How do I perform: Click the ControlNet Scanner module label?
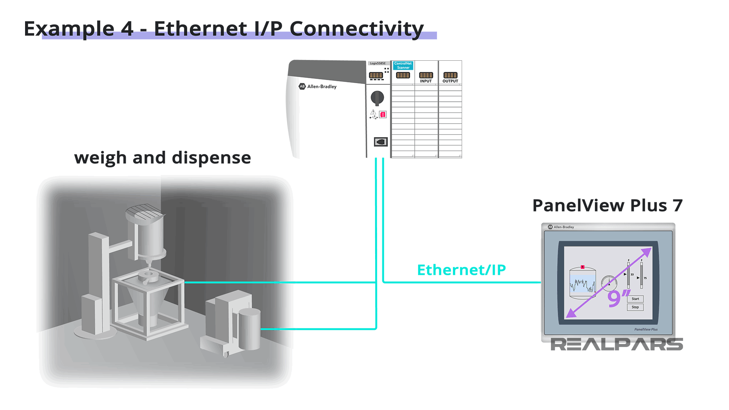click(403, 65)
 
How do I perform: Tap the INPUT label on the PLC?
click(426, 81)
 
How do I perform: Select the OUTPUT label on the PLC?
click(450, 81)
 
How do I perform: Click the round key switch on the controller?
click(377, 98)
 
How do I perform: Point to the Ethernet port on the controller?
click(380, 142)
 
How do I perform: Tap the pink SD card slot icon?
click(383, 114)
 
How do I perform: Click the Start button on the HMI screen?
click(635, 299)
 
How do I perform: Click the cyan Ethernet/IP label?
click(461, 270)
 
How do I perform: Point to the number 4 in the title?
click(127, 29)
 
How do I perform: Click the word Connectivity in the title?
click(357, 29)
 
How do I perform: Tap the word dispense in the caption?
click(211, 158)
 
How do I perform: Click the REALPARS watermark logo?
click(617, 344)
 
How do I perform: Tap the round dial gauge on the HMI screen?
click(609, 283)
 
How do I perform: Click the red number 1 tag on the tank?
click(582, 267)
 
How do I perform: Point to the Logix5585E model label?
click(377, 63)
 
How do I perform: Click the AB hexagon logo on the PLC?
click(302, 86)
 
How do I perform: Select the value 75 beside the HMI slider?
click(645, 278)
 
